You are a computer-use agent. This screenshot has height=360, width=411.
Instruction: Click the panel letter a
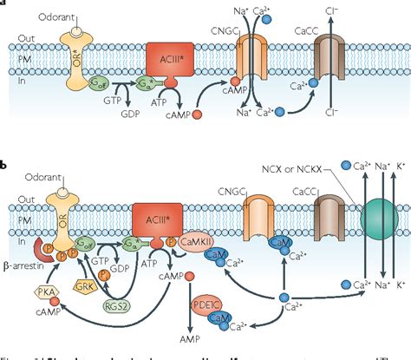click(x=4, y=3)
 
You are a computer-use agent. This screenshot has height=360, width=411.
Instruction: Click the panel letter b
click(x=5, y=162)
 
